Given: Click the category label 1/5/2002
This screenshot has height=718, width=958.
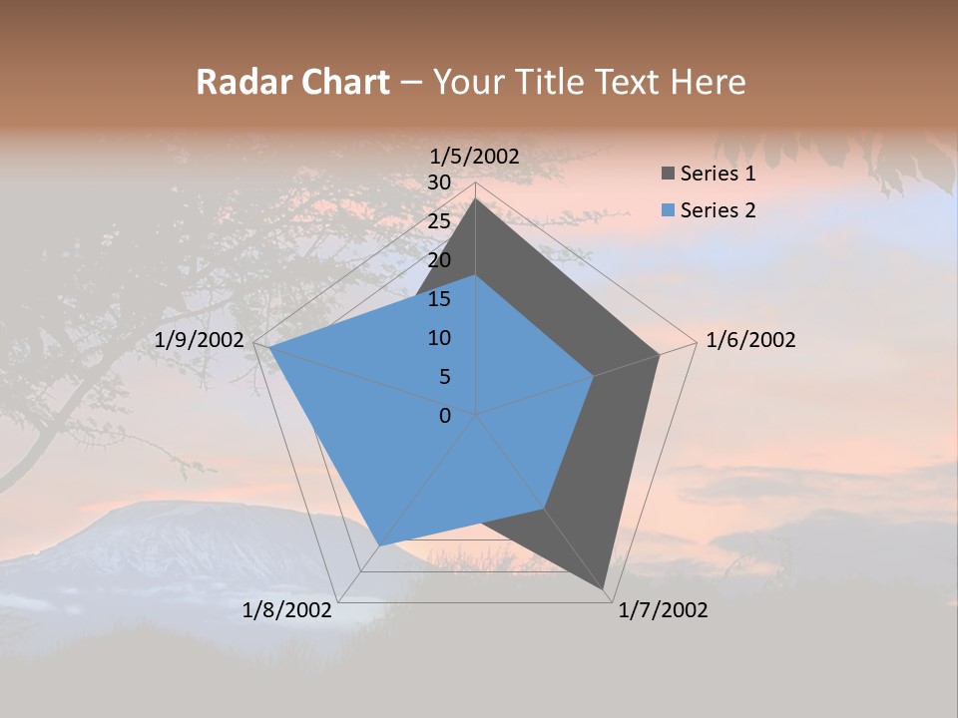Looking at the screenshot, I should [x=475, y=157].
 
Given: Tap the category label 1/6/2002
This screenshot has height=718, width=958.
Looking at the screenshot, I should [x=750, y=340].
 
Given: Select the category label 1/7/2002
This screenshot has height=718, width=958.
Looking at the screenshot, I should [x=663, y=610].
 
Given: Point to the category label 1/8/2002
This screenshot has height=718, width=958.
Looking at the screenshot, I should [x=287, y=610].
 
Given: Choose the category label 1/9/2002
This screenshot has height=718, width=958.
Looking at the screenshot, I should [x=200, y=340].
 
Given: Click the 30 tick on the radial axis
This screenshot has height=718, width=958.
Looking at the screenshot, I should [x=439, y=182].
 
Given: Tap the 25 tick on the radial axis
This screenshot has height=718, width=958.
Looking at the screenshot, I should [x=439, y=221].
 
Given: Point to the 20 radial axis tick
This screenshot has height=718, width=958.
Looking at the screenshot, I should [x=439, y=260].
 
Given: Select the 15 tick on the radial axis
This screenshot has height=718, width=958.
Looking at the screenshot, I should [x=439, y=299].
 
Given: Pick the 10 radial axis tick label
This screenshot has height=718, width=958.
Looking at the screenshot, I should [x=439, y=338].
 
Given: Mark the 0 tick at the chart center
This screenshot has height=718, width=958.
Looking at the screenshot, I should [x=445, y=415].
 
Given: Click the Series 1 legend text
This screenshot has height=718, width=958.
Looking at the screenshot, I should [x=718, y=174].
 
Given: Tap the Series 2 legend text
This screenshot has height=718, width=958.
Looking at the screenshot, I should [x=718, y=209].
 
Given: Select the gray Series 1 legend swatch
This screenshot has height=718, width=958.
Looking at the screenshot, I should [x=668, y=174].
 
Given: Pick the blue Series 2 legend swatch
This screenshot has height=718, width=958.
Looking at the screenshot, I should [x=668, y=209].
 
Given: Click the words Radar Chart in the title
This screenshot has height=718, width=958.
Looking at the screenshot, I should [x=292, y=82].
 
